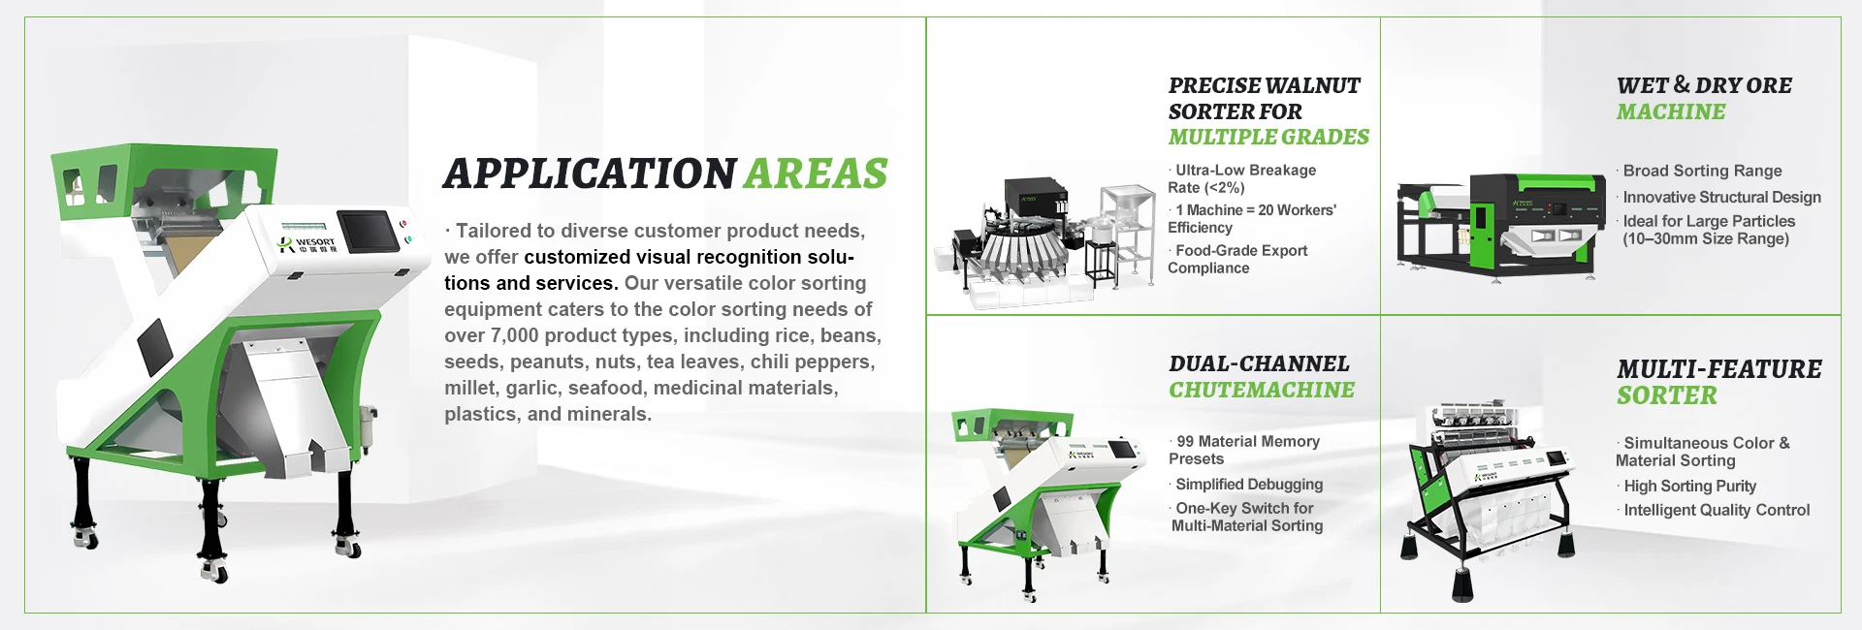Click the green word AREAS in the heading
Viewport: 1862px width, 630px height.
pos(816,173)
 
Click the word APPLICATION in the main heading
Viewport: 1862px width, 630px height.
pos(590,173)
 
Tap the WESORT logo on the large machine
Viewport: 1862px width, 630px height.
pos(307,241)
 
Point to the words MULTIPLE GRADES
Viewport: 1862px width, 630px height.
pos(1268,137)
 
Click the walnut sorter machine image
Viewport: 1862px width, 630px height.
pos(1044,240)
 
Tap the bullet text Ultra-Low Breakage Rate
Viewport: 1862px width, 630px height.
pos(1241,178)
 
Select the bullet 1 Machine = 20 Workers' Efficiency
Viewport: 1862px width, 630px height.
pos(1251,218)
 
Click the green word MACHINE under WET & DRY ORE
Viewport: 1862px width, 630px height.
pos(1671,111)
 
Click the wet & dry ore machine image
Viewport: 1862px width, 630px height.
pos(1500,226)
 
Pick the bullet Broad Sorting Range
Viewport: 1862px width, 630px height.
pos(1699,171)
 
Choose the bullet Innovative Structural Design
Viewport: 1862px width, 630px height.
pos(1718,197)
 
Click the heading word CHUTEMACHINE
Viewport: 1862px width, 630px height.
pos(1262,390)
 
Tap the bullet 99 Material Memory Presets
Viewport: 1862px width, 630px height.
pos(1244,450)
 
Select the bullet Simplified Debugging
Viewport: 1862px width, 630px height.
pos(1246,484)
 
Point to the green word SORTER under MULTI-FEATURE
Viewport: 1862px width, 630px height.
pos(1667,395)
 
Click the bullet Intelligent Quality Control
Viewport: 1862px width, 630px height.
pos(1714,510)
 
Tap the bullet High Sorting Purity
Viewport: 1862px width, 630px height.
pos(1686,486)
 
